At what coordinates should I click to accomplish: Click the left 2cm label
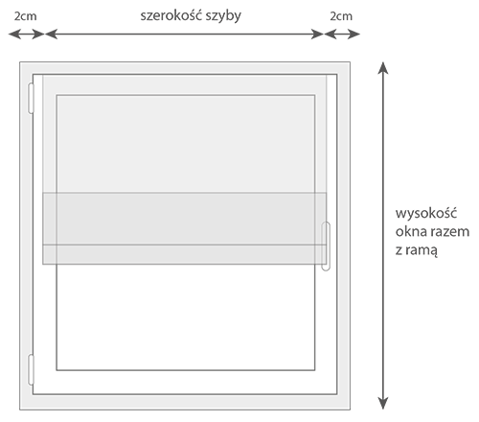click(25, 16)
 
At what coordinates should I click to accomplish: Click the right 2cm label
click(341, 16)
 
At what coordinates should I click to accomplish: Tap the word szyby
click(223, 16)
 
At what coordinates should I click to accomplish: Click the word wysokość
click(426, 213)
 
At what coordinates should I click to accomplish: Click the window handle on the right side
click(326, 246)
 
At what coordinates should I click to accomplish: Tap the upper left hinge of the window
click(31, 99)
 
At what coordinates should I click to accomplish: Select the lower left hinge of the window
click(31, 369)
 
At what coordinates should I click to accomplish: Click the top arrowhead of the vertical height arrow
click(383, 68)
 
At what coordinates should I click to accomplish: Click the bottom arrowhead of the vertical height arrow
click(383, 404)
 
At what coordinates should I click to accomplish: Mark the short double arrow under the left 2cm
click(26, 34)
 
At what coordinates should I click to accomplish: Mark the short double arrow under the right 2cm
click(342, 34)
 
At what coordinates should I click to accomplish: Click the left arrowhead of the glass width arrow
click(52, 34)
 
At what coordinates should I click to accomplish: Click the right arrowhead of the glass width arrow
click(317, 34)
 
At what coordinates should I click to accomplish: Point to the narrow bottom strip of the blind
click(184, 254)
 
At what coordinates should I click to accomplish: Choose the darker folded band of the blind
click(184, 219)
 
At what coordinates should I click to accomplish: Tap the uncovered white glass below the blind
click(186, 317)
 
